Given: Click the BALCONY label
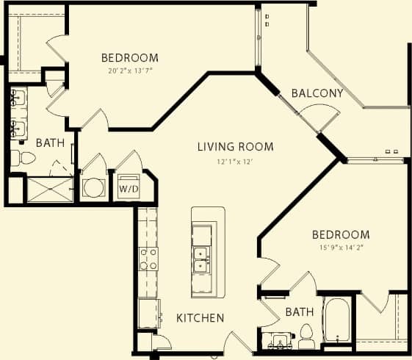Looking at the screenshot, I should [x=317, y=93].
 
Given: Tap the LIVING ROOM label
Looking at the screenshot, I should [x=235, y=147].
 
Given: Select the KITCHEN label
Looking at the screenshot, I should [x=200, y=318].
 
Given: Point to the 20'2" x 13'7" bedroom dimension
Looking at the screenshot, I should [x=129, y=71].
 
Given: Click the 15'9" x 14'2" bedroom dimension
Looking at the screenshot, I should [x=341, y=248].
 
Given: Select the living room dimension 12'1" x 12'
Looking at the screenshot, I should [x=235, y=161].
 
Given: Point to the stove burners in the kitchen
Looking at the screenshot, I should [x=148, y=259].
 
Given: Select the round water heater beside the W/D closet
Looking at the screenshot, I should [x=93, y=188].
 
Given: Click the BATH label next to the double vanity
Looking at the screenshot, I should [x=50, y=143].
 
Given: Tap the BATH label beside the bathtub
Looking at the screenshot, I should [x=299, y=312].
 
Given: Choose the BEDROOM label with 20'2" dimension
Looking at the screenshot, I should [x=129, y=58].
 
